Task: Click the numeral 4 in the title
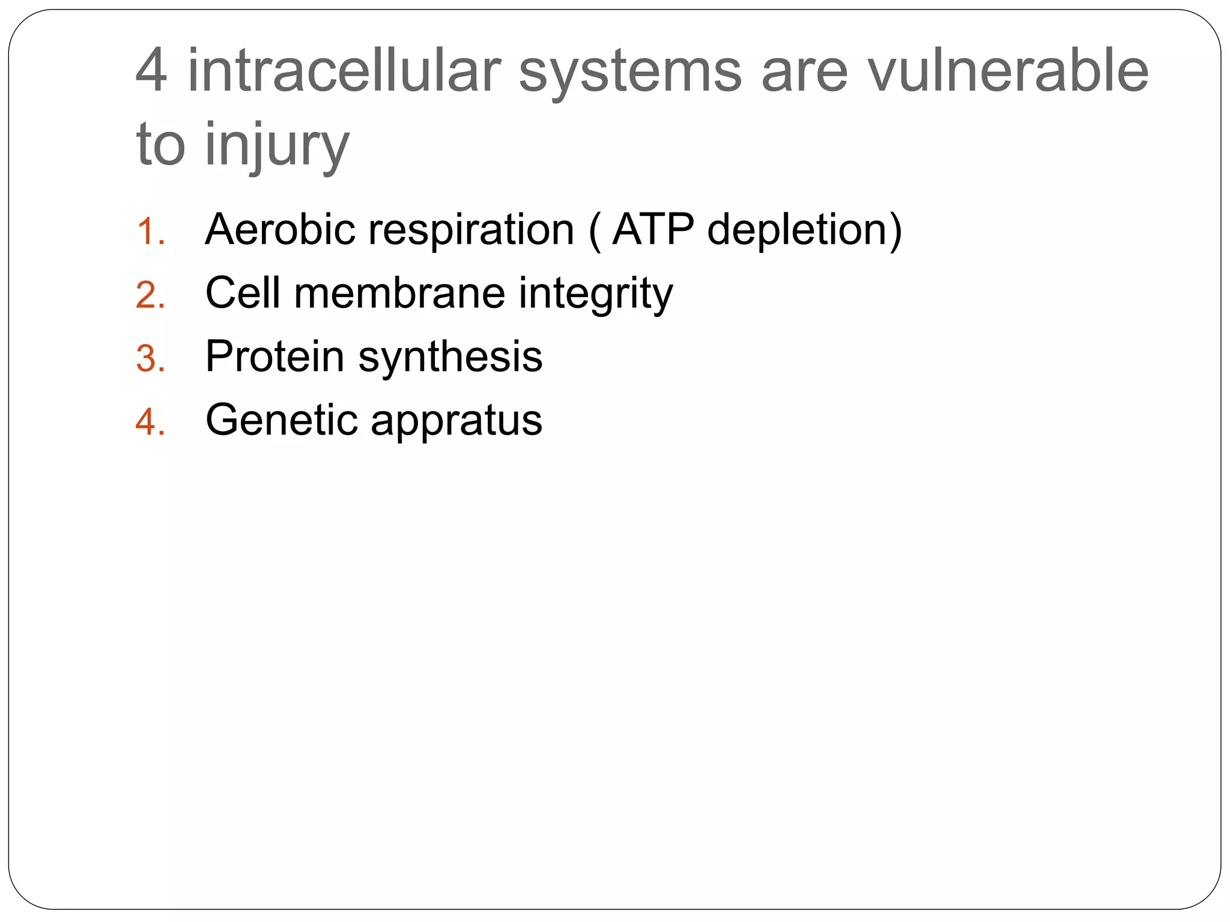[151, 71]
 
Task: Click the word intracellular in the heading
[344, 71]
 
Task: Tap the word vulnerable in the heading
[1007, 71]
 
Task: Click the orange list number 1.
[150, 232]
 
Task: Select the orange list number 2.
[150, 295]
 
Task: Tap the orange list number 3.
[150, 359]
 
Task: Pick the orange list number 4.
[150, 422]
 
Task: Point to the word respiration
[471, 230]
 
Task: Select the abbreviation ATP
[653, 229]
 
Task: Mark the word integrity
[595, 294]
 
